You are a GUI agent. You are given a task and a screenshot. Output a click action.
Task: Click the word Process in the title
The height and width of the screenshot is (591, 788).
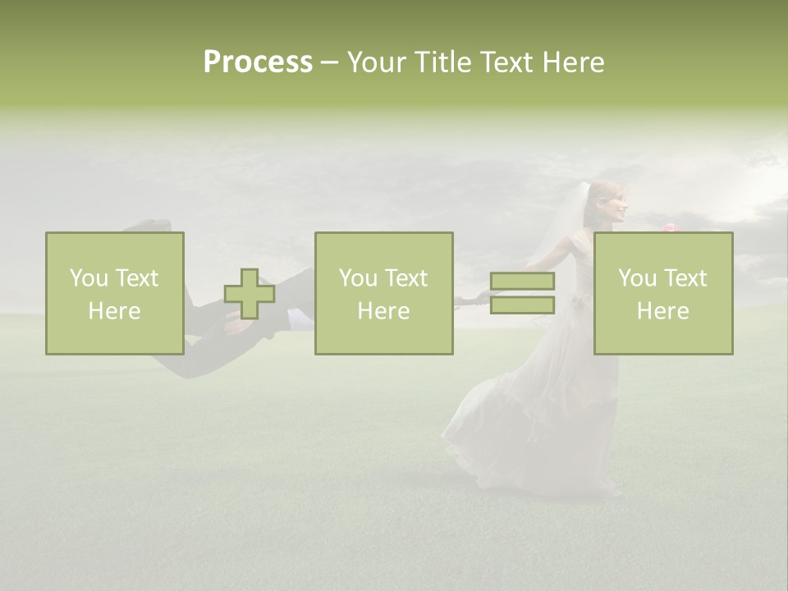pyautogui.click(x=258, y=62)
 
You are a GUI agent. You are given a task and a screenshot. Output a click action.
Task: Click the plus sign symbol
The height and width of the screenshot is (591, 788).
pyautogui.click(x=250, y=294)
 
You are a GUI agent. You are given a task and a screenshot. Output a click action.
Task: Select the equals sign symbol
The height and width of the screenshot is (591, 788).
pyautogui.click(x=522, y=293)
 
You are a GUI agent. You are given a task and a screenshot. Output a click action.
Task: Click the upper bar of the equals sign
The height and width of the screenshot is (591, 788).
pyautogui.click(x=522, y=282)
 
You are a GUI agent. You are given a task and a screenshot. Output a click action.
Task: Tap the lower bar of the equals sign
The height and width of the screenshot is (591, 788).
pyautogui.click(x=522, y=305)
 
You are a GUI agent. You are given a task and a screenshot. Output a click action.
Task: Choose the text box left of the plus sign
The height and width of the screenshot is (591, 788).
pyautogui.click(x=115, y=294)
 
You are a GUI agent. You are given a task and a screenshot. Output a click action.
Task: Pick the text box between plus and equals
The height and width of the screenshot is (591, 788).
pyautogui.click(x=384, y=294)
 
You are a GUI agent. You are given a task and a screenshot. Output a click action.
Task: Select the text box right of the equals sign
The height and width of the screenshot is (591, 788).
pyautogui.click(x=663, y=294)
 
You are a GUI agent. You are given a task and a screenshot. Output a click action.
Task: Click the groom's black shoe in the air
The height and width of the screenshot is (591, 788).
pyautogui.click(x=153, y=224)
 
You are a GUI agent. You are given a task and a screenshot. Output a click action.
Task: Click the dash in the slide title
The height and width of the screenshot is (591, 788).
pyautogui.click(x=329, y=63)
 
